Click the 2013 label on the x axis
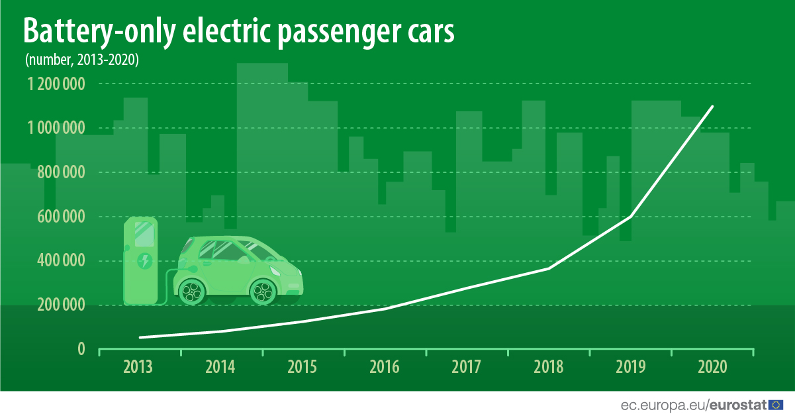tap(138, 366)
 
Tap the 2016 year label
tap(385, 366)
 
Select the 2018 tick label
tap(548, 366)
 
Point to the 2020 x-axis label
tap(712, 366)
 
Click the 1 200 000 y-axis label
tap(56, 84)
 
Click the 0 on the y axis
tap(81, 349)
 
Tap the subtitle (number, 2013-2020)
tap(81, 60)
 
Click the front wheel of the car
tap(263, 290)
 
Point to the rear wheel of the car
tap(193, 289)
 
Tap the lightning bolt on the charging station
tap(144, 260)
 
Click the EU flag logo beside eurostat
tap(775, 404)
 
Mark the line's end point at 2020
tap(713, 106)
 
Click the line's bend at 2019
tap(631, 216)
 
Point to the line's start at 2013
tap(139, 337)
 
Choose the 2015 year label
tap(303, 366)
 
